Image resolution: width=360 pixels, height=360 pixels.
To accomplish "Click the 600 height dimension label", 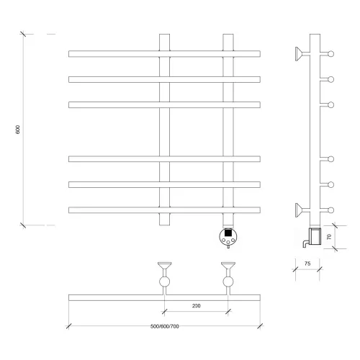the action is pyautogui.click(x=18, y=130).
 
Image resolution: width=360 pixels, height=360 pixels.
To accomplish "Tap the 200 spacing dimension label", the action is pyautogui.click(x=197, y=306).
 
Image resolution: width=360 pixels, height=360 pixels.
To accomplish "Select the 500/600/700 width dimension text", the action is pyautogui.click(x=165, y=326).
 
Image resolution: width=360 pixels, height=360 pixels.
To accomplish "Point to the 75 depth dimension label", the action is pyautogui.click(x=307, y=264).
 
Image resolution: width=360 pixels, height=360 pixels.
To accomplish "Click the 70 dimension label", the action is pyautogui.click(x=329, y=237).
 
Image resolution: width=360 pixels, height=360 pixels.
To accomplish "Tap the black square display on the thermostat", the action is pyautogui.click(x=228, y=233).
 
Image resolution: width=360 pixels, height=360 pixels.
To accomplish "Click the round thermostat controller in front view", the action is pyautogui.click(x=228, y=237).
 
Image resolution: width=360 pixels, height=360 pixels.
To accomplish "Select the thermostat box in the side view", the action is pyautogui.click(x=315, y=236).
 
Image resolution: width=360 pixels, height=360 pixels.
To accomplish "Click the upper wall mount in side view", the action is pyautogui.click(x=302, y=54).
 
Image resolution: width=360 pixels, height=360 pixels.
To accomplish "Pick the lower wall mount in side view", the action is pyautogui.click(x=302, y=210).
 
